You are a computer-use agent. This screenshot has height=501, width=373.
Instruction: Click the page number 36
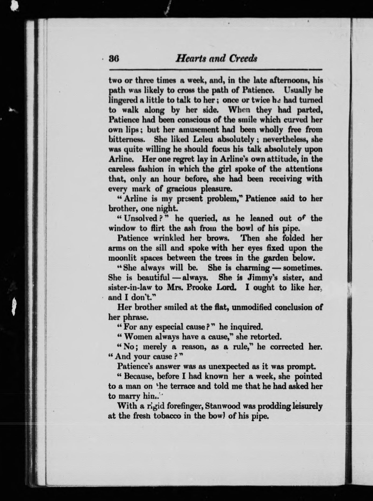pyautogui.click(x=114, y=59)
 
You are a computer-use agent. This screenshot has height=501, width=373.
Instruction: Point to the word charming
pyautogui.click(x=253, y=268)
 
